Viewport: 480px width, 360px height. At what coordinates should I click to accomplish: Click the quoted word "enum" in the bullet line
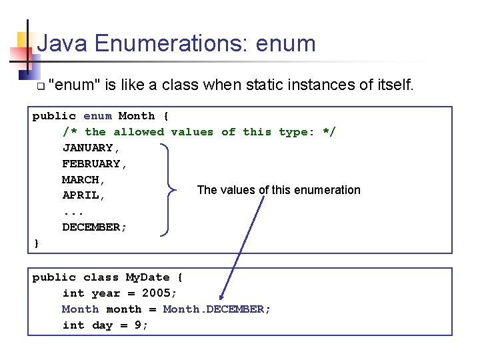(x=75, y=85)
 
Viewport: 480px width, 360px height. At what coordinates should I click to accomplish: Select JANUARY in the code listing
(x=91, y=148)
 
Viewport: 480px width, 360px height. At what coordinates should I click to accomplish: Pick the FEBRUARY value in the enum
(x=94, y=164)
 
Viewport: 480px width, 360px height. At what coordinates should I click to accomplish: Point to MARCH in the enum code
(x=84, y=180)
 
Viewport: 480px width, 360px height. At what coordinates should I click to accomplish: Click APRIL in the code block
(x=84, y=196)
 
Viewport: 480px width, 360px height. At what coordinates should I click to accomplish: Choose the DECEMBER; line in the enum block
(x=94, y=227)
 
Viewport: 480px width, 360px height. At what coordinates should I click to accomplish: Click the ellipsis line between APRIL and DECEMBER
(x=73, y=212)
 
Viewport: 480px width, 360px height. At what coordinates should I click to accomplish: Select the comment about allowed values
(x=199, y=132)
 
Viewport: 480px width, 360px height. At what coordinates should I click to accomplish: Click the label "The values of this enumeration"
(x=279, y=190)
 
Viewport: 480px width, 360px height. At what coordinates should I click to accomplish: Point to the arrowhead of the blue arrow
(x=222, y=297)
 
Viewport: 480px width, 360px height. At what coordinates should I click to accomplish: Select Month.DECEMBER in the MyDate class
(x=217, y=309)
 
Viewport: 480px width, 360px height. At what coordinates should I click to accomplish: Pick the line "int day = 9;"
(x=105, y=325)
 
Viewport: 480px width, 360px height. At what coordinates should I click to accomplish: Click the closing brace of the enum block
(x=37, y=243)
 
